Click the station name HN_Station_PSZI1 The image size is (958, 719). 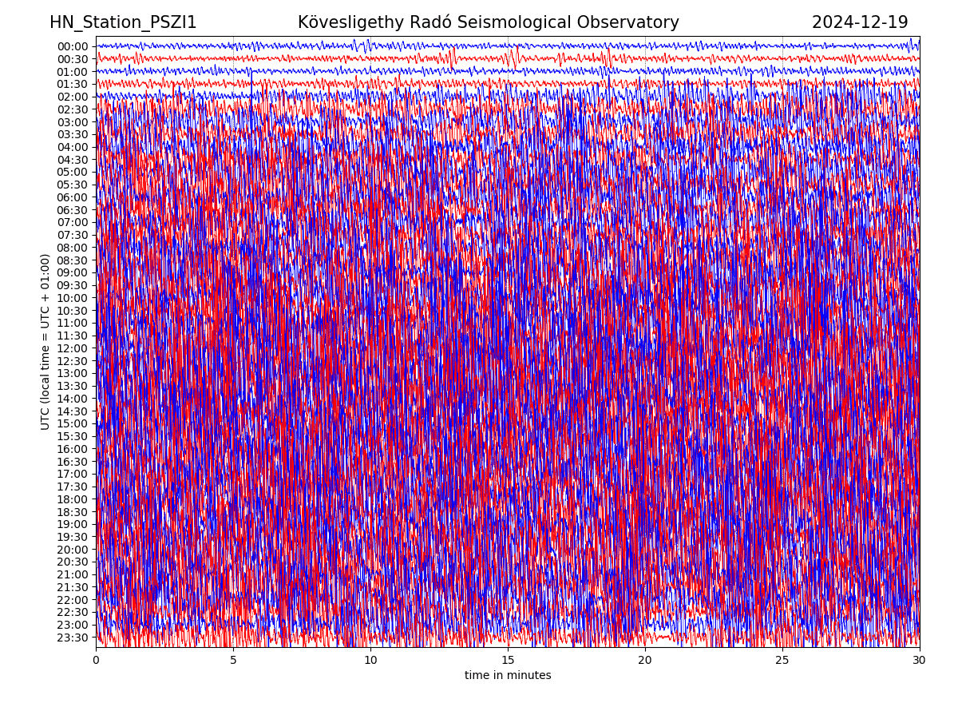(123, 22)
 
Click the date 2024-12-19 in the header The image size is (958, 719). (860, 22)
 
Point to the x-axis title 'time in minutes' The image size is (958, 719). (508, 675)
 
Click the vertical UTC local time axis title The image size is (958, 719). (46, 341)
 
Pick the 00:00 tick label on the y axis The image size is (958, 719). (72, 46)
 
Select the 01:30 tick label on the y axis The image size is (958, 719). (72, 84)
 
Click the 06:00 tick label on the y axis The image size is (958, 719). (72, 197)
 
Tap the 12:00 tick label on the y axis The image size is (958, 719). (72, 348)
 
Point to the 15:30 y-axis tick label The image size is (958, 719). (72, 436)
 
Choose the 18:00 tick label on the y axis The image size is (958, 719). (72, 499)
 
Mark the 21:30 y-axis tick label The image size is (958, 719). (72, 587)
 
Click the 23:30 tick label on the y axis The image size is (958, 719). (72, 638)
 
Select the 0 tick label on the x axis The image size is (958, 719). (96, 660)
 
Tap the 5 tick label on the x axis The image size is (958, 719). (233, 660)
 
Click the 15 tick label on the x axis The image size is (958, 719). (508, 660)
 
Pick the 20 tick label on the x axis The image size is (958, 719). (645, 660)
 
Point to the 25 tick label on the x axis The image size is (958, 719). (782, 660)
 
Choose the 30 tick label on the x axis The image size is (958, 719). (920, 660)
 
